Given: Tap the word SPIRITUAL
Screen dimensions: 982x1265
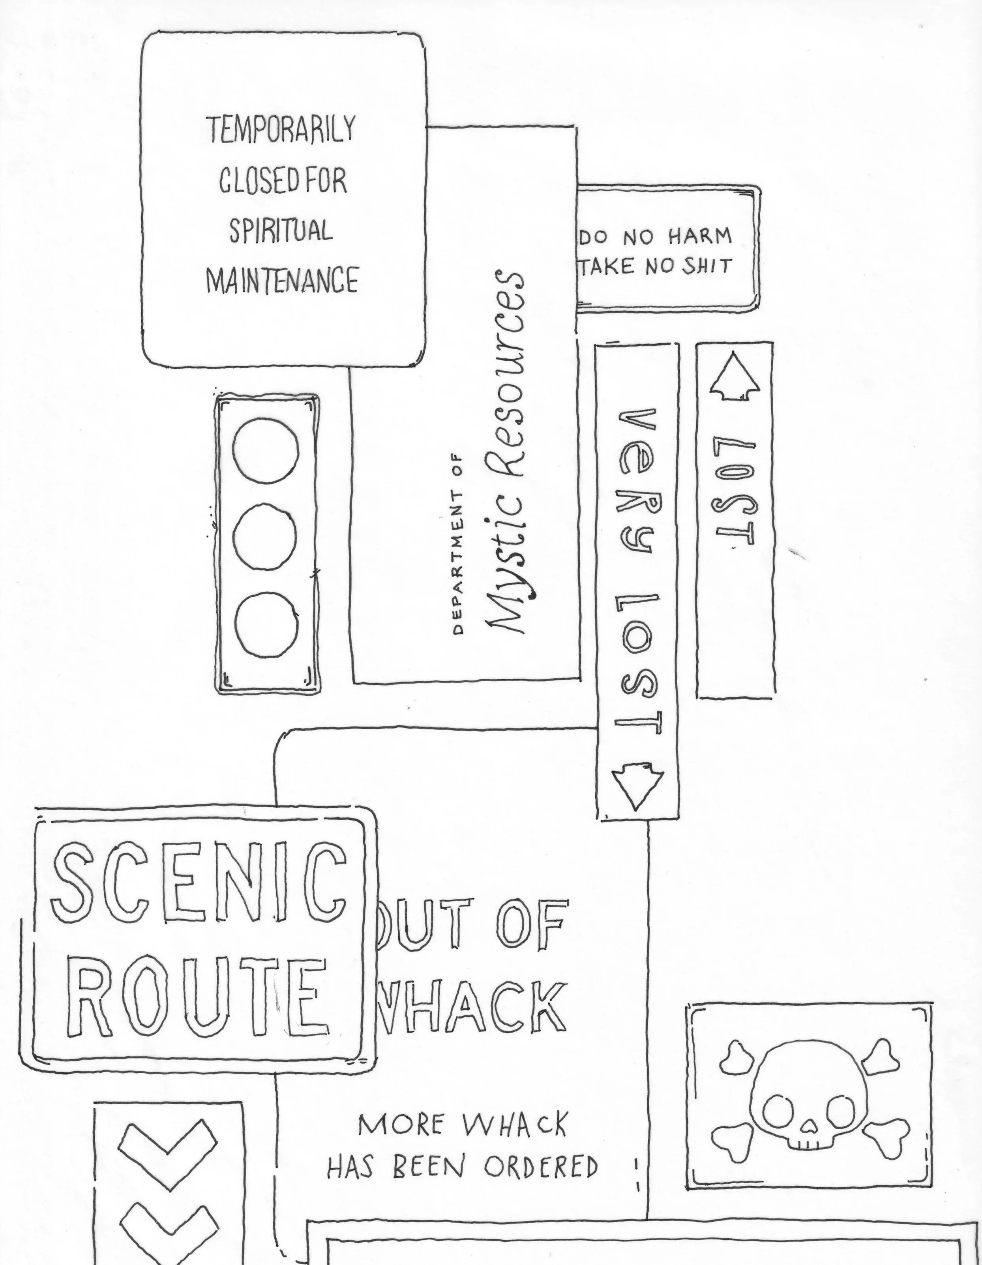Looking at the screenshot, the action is [x=281, y=231].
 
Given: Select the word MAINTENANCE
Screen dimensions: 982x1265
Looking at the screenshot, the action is [x=282, y=280].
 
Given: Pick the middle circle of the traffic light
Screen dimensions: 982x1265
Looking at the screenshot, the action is [x=265, y=537].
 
